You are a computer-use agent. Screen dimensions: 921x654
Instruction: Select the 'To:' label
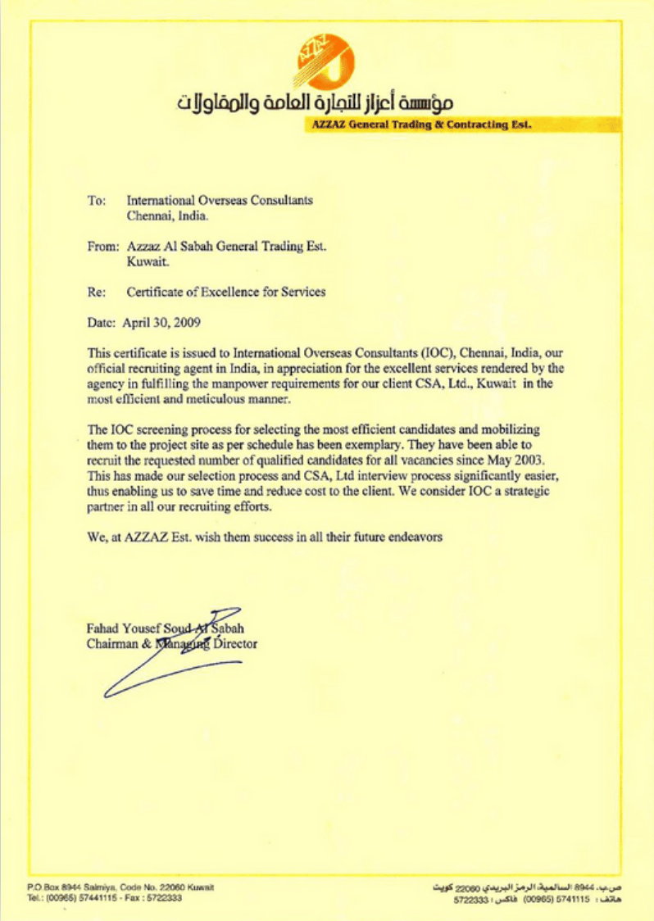click(x=96, y=200)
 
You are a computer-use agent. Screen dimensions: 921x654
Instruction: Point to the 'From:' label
click(x=102, y=247)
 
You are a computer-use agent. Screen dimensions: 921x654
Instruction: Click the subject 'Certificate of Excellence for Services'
click(x=225, y=292)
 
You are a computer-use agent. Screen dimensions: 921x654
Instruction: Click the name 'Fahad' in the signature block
click(x=102, y=628)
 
